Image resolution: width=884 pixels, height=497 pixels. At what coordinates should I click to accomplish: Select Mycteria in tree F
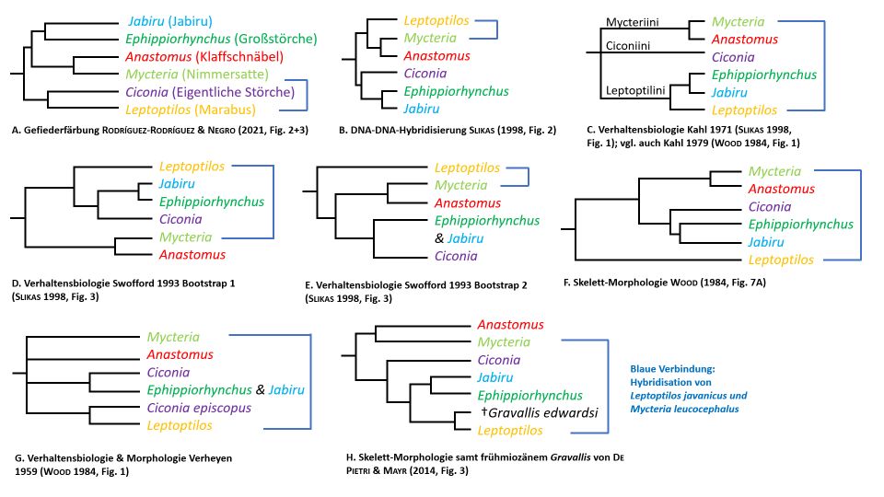(773, 171)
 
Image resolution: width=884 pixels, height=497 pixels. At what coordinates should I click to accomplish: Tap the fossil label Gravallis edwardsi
(537, 412)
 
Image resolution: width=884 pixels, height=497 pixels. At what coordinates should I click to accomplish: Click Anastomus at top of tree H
(509, 325)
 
